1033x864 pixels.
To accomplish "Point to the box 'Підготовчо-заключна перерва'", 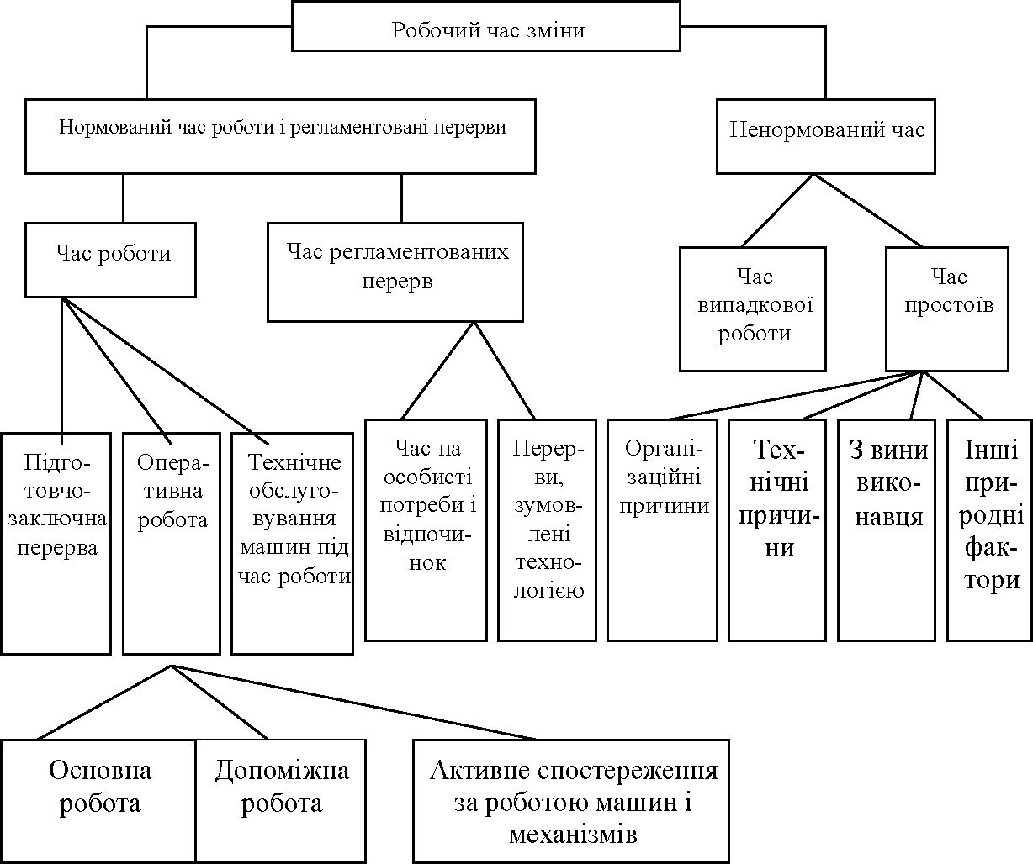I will tap(56, 542).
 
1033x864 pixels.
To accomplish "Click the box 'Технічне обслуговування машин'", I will tap(292, 542).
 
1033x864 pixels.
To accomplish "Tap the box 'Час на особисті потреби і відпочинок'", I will tap(426, 529).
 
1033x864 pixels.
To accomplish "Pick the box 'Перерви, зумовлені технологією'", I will tap(548, 529).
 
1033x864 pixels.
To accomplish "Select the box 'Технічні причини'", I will tap(776, 529).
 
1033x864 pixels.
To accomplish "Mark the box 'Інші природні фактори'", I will tap(990, 529).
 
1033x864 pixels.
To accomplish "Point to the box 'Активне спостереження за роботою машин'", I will tap(571, 800).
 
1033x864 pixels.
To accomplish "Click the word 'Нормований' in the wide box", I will tap(115, 128).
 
